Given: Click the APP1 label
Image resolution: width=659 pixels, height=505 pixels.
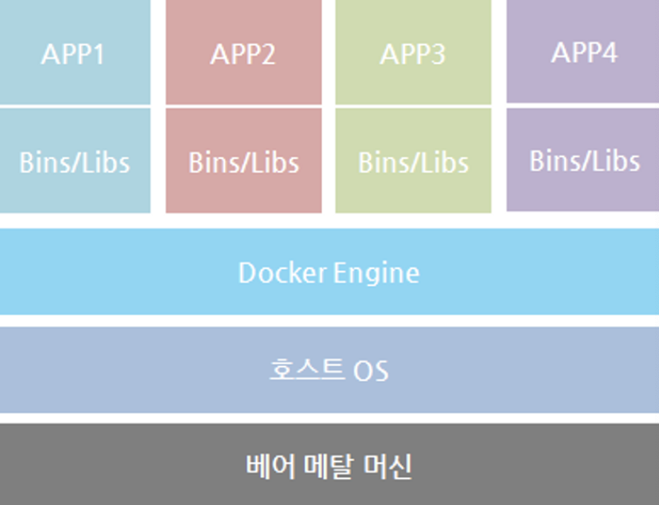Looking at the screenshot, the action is (x=74, y=55).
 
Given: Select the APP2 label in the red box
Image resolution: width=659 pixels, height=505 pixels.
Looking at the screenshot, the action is (x=243, y=55).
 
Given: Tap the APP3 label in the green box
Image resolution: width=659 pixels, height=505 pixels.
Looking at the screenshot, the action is (x=413, y=55).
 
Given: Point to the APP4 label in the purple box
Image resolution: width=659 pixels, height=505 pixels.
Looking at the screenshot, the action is (x=584, y=53).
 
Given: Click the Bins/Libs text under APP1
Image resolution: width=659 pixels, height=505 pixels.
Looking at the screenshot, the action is (x=74, y=162).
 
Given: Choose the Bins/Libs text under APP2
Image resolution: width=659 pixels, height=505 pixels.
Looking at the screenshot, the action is (x=243, y=162).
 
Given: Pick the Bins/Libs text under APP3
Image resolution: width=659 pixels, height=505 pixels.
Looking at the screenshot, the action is (x=413, y=162).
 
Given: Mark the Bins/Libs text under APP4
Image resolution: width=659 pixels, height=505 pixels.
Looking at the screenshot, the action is (x=584, y=161).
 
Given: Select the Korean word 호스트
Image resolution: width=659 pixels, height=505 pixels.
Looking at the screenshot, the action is (x=306, y=370).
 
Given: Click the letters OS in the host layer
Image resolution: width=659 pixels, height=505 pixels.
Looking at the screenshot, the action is (x=371, y=371).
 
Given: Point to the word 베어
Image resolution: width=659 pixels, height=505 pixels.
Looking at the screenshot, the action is (x=267, y=466).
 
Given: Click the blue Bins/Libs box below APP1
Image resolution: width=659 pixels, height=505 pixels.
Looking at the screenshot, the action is (x=74, y=194).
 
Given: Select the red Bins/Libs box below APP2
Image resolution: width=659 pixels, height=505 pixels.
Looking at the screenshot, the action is (x=243, y=194).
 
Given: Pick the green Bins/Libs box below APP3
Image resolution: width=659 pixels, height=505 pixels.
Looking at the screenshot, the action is (x=413, y=194).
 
